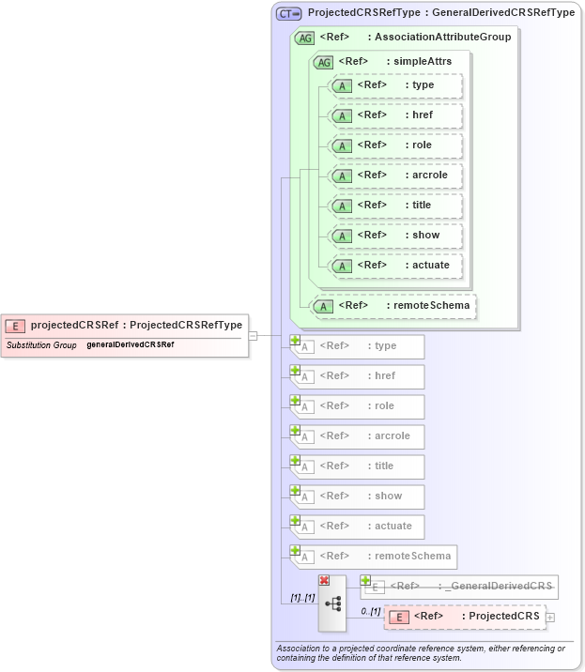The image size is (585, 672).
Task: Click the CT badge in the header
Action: coord(288,13)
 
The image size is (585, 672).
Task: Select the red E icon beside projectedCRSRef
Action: coord(15,326)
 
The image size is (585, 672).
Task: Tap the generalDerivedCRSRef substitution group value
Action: coord(130,345)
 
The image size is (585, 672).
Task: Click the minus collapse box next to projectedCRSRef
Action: coord(253,335)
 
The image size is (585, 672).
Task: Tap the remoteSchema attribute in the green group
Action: coord(394,306)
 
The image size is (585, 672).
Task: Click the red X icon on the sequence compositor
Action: coord(324,581)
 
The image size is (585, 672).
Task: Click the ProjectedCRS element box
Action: coord(464,617)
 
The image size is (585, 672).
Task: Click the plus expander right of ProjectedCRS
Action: coord(550,617)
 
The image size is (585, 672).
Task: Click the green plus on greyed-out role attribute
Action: coord(295,401)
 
